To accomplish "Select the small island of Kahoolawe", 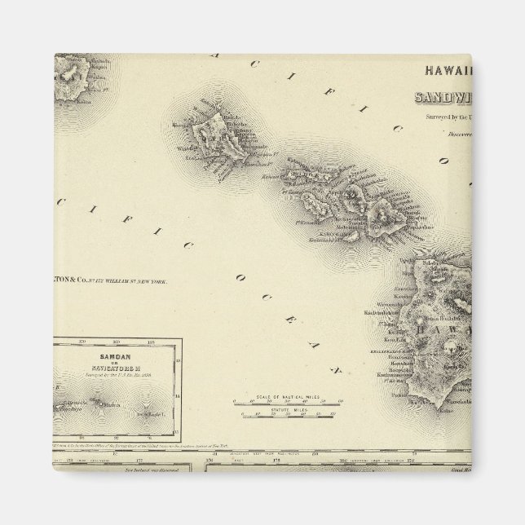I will tap(351, 232).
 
